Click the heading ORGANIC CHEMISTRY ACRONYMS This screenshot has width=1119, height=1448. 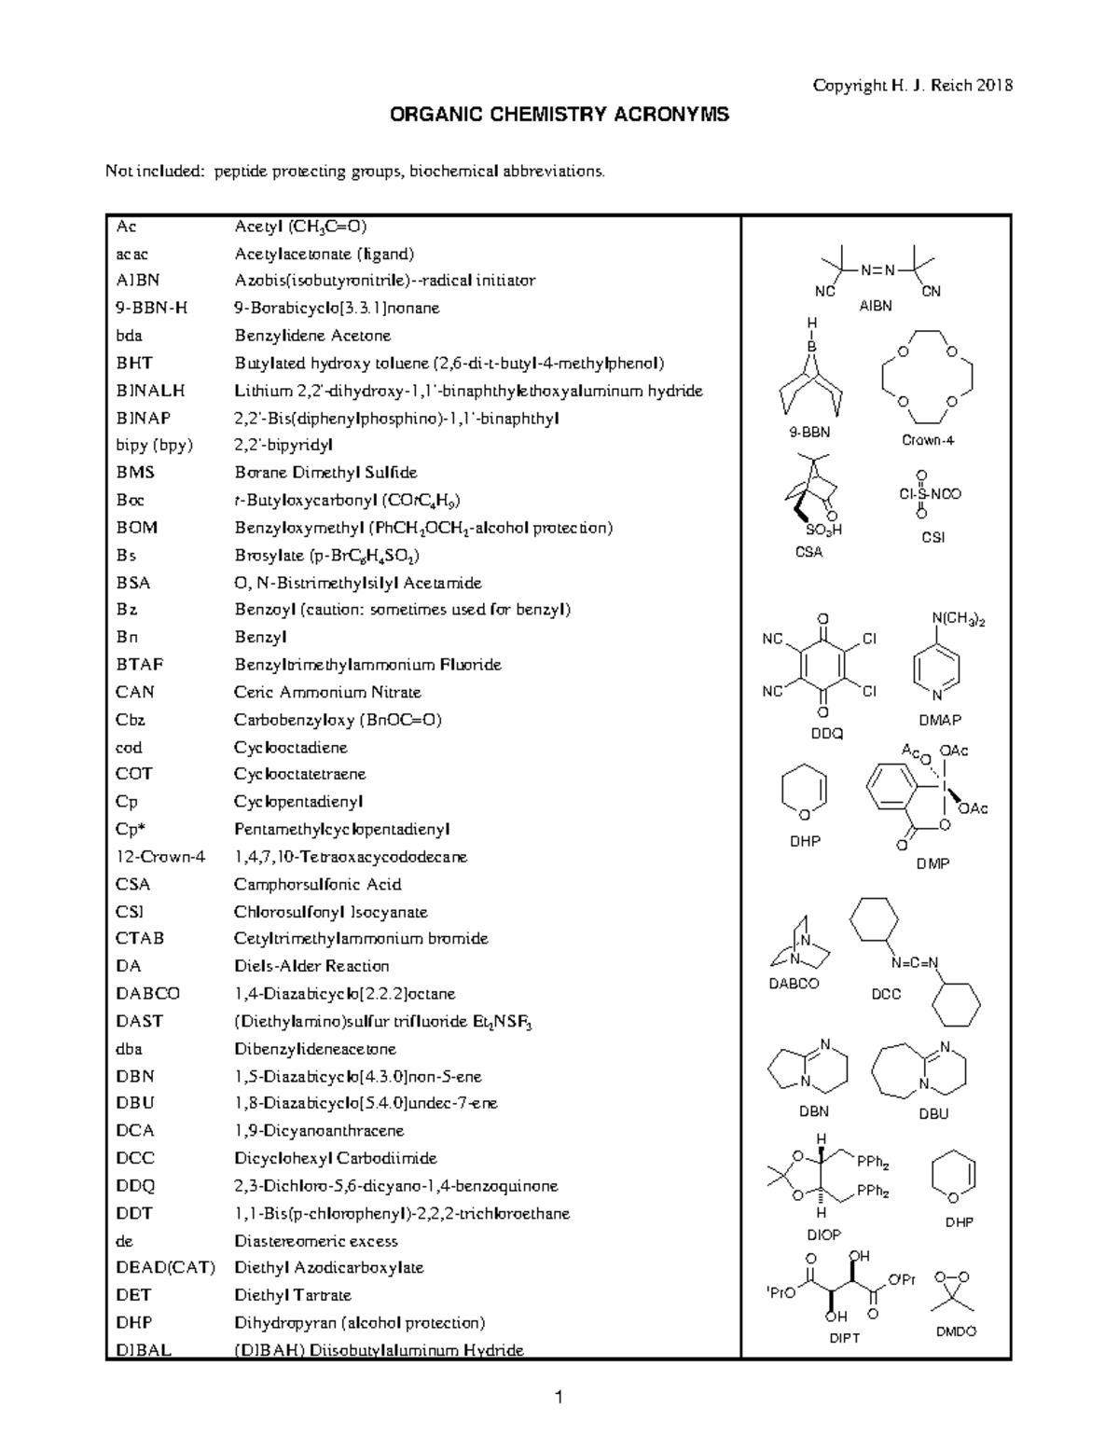tap(559, 115)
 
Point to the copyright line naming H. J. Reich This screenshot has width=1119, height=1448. tap(912, 86)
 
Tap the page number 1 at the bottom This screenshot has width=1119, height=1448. tap(558, 1398)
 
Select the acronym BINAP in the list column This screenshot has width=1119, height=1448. tap(144, 418)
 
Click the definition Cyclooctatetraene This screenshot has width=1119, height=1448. tap(299, 774)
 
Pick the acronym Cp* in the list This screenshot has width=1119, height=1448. tap(131, 829)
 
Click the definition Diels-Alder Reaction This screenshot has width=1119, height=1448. tap(311, 966)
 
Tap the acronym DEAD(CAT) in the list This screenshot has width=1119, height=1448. tap(165, 1268)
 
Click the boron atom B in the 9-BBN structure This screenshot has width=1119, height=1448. tap(811, 346)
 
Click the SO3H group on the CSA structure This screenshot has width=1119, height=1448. tap(823, 530)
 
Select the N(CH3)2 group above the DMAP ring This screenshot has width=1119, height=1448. tap(958, 619)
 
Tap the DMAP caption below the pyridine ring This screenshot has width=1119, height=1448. tap(940, 720)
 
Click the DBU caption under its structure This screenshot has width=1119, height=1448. tap(932, 1113)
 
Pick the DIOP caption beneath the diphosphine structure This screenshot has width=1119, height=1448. tap(823, 1234)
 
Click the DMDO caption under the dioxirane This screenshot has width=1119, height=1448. tap(956, 1331)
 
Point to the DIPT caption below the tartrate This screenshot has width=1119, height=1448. tap(844, 1338)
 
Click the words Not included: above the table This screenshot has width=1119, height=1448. tap(155, 171)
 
